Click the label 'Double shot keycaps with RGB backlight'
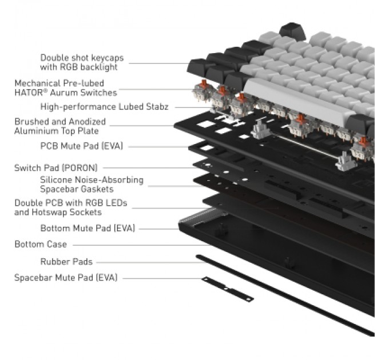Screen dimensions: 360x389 click(x=82, y=62)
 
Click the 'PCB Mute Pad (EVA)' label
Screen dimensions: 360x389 click(x=82, y=146)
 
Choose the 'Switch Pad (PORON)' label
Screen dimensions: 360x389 click(x=56, y=168)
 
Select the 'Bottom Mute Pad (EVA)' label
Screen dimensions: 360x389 click(x=88, y=228)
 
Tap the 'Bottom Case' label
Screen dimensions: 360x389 click(x=41, y=245)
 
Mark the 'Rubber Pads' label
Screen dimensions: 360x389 click(x=66, y=262)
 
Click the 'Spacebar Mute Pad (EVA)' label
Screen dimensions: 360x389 click(x=66, y=278)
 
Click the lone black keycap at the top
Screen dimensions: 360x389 click(x=292, y=31)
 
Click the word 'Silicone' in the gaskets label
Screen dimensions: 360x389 click(x=56, y=180)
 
